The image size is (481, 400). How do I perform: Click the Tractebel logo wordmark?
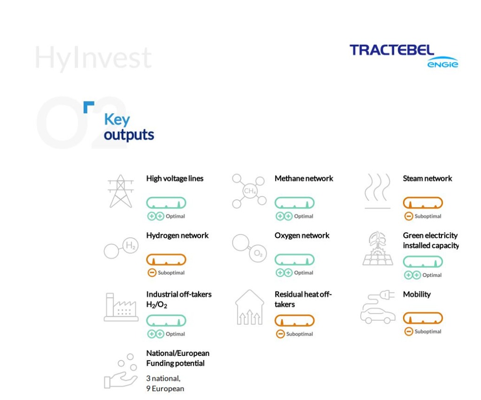point(392,50)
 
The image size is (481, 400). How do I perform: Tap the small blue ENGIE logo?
point(442,63)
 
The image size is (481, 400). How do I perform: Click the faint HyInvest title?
point(93,58)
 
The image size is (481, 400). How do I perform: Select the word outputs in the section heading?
point(129,135)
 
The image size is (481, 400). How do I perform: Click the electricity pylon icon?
point(121,191)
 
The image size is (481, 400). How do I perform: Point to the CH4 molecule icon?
point(249,191)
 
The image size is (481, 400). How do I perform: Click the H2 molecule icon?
point(121,248)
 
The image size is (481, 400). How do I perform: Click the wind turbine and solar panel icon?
point(378,248)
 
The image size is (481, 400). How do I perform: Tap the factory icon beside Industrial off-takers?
point(121,307)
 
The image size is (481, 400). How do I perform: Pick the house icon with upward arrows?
point(249,307)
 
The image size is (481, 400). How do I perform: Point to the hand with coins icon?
point(121,371)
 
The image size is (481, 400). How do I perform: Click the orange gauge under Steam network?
point(423,203)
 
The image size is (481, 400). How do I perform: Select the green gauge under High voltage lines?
point(166,203)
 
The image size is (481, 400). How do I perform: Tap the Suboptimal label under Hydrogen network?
point(171,273)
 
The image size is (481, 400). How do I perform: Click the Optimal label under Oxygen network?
point(304,273)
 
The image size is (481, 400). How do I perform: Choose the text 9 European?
point(165,389)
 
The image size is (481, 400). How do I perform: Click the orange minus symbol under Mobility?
point(409,331)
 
